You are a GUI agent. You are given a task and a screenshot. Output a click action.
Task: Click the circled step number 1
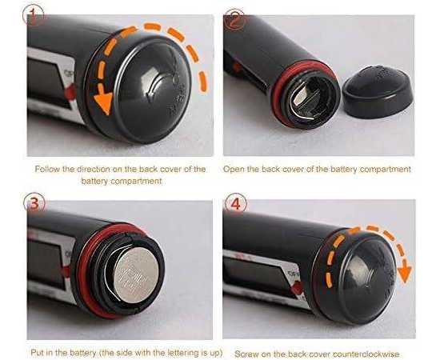(x=33, y=15)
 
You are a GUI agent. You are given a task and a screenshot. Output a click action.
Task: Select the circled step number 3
(x=34, y=203)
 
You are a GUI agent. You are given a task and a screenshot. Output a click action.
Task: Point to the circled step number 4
(x=235, y=203)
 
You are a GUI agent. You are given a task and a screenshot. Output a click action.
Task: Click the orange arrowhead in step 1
(x=103, y=102)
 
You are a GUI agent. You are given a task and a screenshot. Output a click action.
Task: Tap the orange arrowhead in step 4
(x=404, y=274)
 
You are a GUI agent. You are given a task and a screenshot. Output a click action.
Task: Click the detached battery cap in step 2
(x=378, y=91)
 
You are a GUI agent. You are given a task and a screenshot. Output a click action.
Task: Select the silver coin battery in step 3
(x=136, y=275)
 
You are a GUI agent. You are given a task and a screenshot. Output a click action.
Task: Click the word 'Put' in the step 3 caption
(x=38, y=353)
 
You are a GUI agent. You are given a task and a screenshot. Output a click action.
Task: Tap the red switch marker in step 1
(x=70, y=91)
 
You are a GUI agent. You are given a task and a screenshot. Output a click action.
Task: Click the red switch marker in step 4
(x=297, y=288)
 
